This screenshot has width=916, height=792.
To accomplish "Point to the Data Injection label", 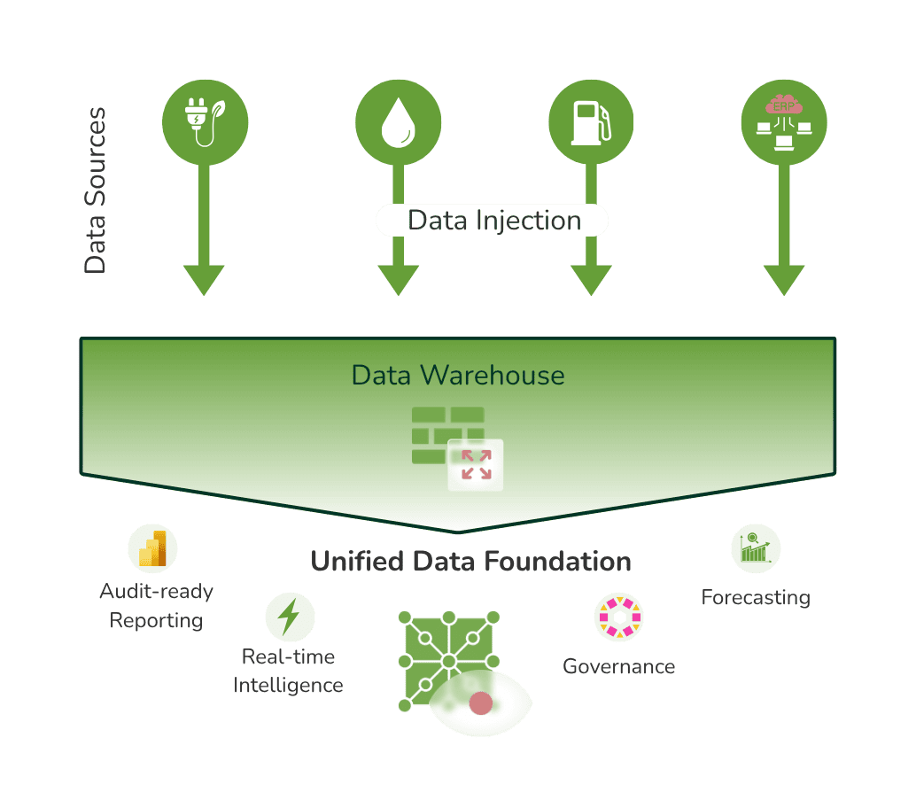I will pyautogui.click(x=493, y=221).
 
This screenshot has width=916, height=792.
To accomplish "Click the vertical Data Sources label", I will pyautogui.click(x=95, y=190).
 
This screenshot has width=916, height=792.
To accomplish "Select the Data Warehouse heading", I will pyautogui.click(x=457, y=375).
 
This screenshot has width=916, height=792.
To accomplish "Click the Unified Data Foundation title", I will pyautogui.click(x=470, y=562).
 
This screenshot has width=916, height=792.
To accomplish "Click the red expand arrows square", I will pyautogui.click(x=477, y=464).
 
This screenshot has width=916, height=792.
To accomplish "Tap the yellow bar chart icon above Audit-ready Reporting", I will pyautogui.click(x=152, y=548).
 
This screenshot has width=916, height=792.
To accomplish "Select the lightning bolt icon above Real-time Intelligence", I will pyautogui.click(x=290, y=617).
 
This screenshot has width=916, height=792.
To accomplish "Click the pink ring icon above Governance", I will pyautogui.click(x=618, y=617).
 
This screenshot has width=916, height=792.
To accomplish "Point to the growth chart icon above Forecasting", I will pyautogui.click(x=756, y=548).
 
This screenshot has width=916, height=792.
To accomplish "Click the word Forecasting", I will pyautogui.click(x=756, y=597).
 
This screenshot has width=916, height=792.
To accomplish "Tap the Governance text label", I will pyautogui.click(x=618, y=666).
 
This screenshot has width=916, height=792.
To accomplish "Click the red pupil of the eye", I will pyautogui.click(x=480, y=703).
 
